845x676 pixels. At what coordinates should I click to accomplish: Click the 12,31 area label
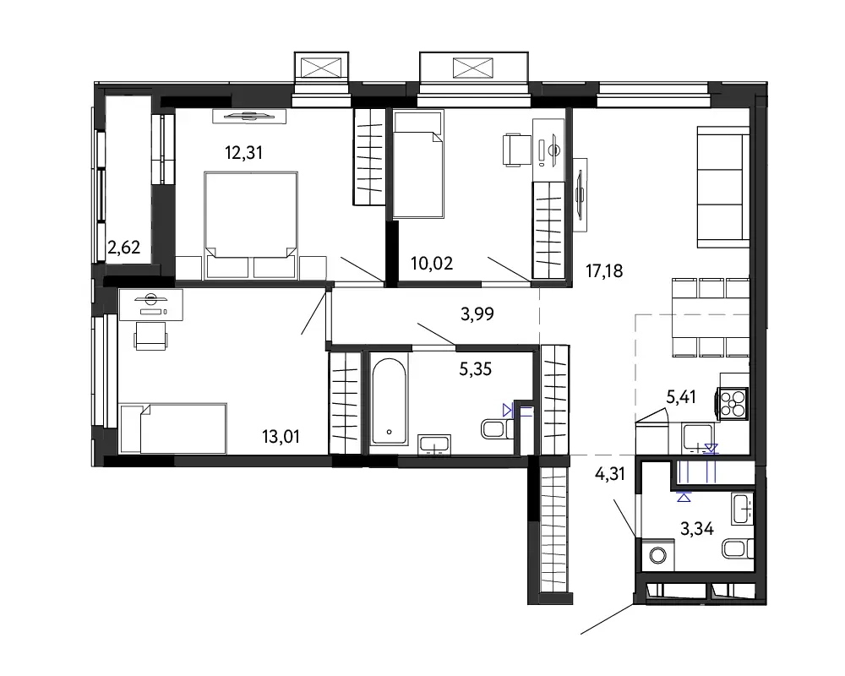(243, 153)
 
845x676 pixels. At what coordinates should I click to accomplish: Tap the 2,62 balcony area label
(124, 248)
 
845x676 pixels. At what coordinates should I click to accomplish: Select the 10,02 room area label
(432, 264)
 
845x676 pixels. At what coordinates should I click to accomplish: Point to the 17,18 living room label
(604, 270)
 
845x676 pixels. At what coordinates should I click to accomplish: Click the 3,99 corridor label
(477, 313)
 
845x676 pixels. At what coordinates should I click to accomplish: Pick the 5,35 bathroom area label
(475, 369)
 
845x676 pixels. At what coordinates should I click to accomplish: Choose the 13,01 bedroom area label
(281, 437)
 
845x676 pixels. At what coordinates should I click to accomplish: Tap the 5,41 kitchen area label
(681, 397)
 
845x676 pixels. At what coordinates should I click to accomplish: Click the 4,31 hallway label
(609, 474)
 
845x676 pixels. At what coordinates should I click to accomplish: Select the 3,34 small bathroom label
(697, 529)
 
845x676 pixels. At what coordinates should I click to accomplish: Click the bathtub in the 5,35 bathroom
(389, 401)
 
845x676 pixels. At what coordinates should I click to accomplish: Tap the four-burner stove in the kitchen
(732, 403)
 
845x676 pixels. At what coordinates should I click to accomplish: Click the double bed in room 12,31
(251, 225)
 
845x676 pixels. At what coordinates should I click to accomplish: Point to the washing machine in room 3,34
(657, 554)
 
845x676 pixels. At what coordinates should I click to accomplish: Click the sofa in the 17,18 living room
(723, 187)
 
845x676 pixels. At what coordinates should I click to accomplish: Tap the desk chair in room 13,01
(150, 335)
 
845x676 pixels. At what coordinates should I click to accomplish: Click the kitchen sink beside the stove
(699, 438)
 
